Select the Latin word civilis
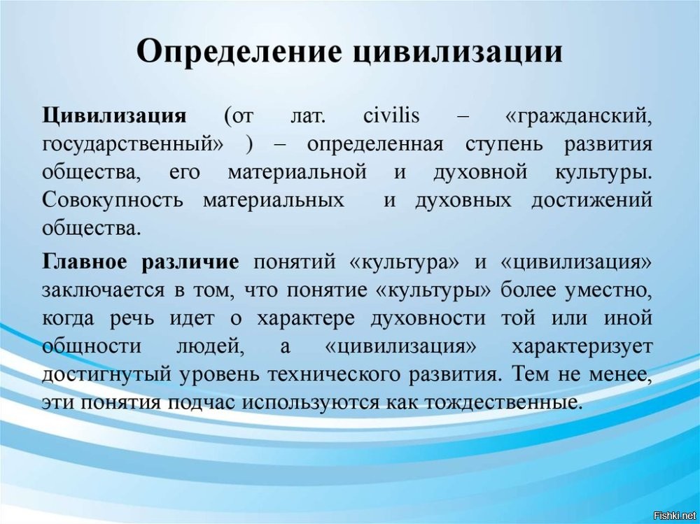(x=391, y=116)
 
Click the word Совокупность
(x=113, y=199)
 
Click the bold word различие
(x=190, y=262)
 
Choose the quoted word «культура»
(x=405, y=262)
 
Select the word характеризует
(x=582, y=346)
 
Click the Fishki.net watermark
(x=674, y=516)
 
